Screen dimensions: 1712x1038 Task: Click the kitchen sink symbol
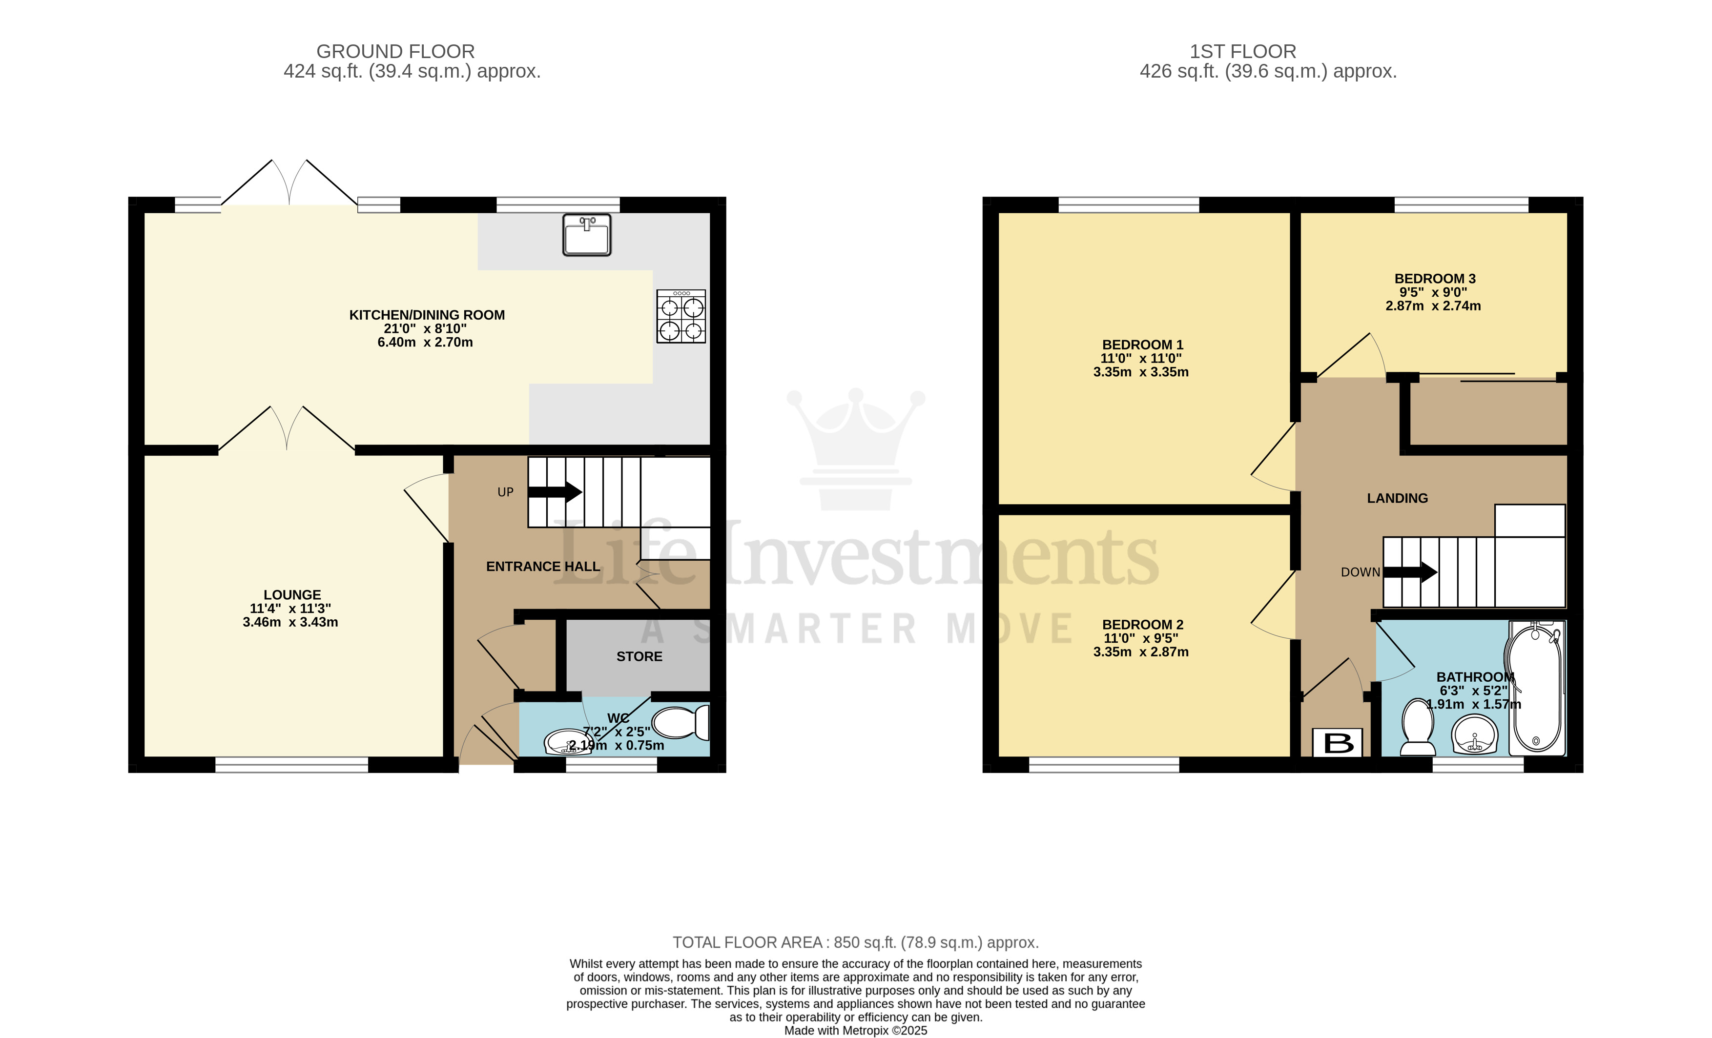coord(586,235)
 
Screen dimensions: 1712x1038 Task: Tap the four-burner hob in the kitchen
coord(681,316)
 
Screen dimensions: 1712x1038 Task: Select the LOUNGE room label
coord(292,595)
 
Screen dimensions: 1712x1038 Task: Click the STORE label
coord(639,656)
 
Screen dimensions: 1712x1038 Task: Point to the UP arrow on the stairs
coord(555,492)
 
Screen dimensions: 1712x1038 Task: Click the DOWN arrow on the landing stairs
coord(1410,572)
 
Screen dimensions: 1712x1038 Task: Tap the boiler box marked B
coord(1338,743)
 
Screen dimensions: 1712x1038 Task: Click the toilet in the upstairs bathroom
coord(1418,727)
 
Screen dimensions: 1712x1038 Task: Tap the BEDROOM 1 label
coord(1142,345)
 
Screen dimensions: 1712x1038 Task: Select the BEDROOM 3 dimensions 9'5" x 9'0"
coord(1433,292)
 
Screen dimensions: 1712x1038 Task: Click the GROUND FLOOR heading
coord(395,51)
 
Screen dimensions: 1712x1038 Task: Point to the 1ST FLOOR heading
coord(1243,51)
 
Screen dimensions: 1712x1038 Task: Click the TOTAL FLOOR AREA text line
coord(855,943)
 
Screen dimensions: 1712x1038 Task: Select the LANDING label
coord(1397,498)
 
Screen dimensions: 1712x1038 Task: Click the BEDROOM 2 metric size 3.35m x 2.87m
coord(1141,651)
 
